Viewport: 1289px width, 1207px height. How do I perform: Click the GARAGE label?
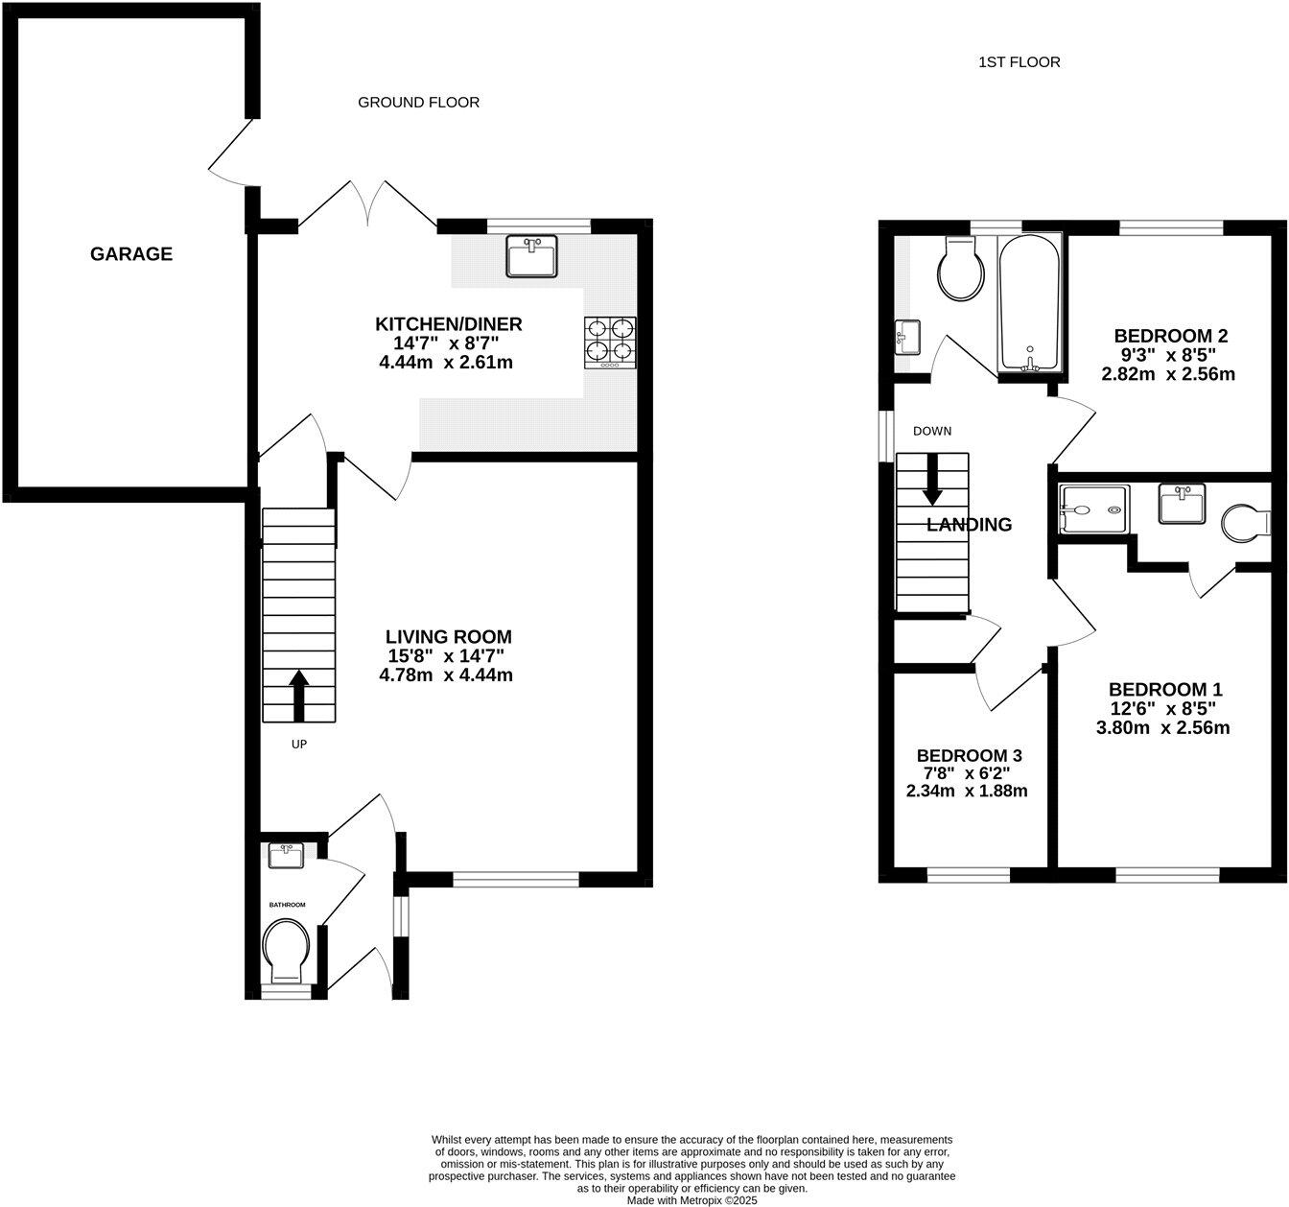tap(131, 254)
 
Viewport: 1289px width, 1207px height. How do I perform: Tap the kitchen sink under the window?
tap(532, 256)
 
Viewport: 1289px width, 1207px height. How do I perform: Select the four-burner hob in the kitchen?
tap(610, 343)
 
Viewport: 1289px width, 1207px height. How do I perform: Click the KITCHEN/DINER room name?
tap(449, 323)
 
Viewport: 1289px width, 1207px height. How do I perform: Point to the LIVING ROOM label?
tap(448, 636)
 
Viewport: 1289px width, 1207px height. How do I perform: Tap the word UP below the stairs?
tap(298, 744)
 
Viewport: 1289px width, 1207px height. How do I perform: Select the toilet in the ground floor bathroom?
tap(286, 950)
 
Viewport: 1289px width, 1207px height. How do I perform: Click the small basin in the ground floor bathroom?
tap(286, 855)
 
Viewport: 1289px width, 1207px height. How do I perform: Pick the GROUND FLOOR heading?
tap(418, 102)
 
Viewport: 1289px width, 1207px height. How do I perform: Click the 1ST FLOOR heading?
tap(1019, 62)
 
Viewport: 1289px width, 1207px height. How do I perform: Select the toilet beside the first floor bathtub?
tap(963, 268)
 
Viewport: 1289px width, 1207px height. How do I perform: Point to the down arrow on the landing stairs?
tap(931, 481)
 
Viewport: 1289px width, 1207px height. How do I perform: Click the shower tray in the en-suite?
tap(1094, 509)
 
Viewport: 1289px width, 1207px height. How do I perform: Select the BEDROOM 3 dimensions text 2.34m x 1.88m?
tap(966, 792)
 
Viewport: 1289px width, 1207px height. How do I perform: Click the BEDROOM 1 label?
tap(1165, 689)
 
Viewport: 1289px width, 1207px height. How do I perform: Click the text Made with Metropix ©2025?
tap(691, 1200)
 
